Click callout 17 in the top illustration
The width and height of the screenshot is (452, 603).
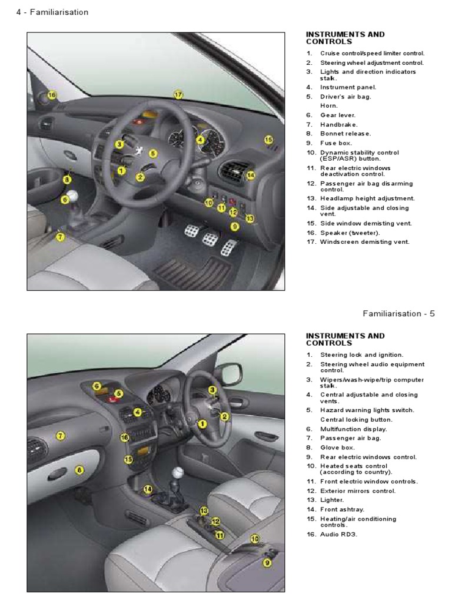pyautogui.click(x=178, y=94)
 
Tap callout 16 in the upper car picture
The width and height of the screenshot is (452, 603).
pyautogui.click(x=52, y=95)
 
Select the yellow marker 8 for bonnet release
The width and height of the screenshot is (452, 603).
pyautogui.click(x=67, y=179)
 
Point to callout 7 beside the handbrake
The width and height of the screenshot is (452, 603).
pyautogui.click(x=59, y=237)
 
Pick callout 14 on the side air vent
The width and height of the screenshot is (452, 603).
pyautogui.click(x=250, y=175)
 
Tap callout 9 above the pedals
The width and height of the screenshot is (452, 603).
pyautogui.click(x=234, y=226)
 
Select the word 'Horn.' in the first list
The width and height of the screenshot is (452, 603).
pyautogui.click(x=329, y=106)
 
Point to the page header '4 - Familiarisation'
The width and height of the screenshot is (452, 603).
pyautogui.click(x=52, y=12)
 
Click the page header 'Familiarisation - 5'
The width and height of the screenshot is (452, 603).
pyautogui.click(x=398, y=313)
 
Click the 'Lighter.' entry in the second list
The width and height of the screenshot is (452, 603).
pyautogui.click(x=333, y=500)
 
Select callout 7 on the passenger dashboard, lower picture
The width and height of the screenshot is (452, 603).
pyautogui.click(x=60, y=436)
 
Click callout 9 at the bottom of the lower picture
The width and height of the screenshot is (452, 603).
pyautogui.click(x=267, y=562)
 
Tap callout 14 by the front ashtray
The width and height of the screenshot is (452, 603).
pyautogui.click(x=147, y=489)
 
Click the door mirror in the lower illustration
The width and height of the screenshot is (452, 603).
pyautogui.click(x=229, y=373)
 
